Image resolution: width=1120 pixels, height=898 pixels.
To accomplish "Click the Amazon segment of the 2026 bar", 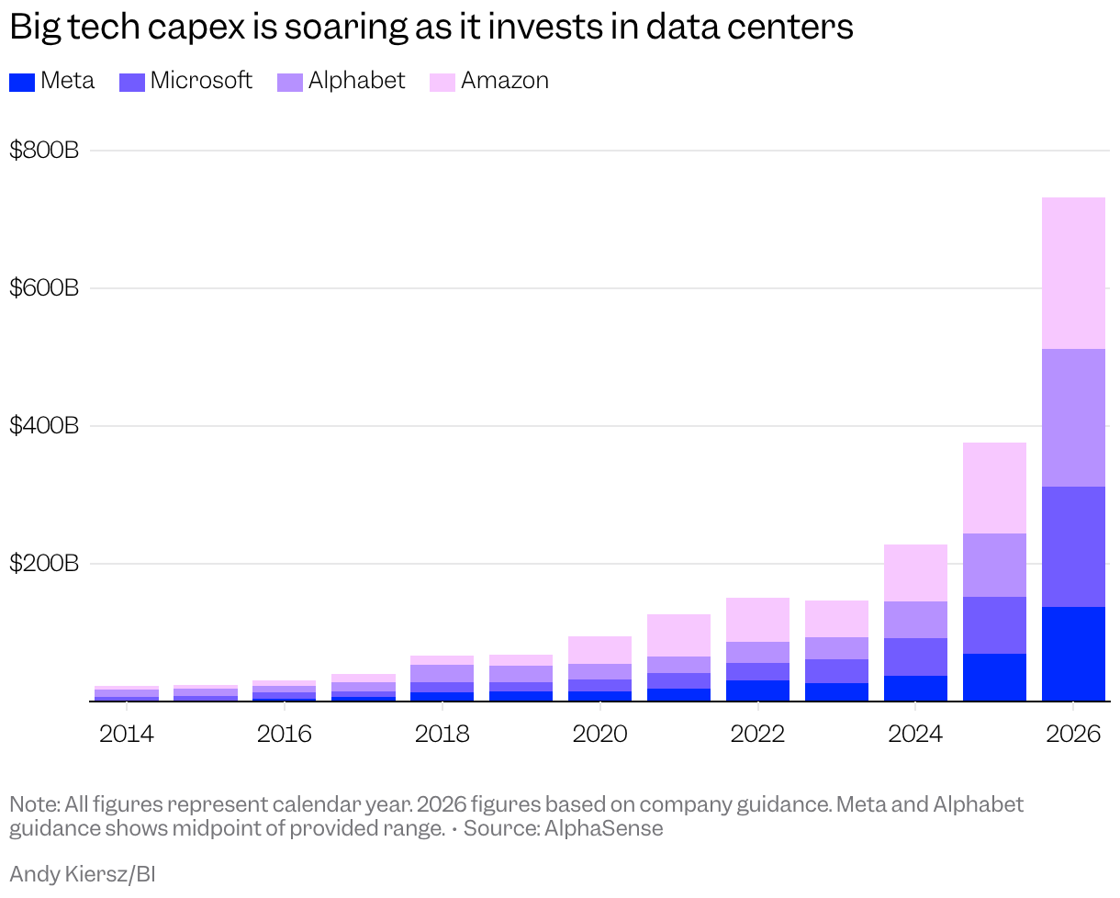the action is point(1073,274).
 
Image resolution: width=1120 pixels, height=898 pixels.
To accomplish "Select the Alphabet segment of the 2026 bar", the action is point(1073,418).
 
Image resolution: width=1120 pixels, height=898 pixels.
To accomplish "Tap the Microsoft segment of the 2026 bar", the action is point(1073,546).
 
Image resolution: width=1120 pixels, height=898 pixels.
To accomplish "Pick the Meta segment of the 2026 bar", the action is point(1073,654).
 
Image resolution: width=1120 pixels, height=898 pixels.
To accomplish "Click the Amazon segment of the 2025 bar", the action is point(994,488).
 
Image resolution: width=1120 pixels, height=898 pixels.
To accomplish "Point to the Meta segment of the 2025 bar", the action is point(994,678).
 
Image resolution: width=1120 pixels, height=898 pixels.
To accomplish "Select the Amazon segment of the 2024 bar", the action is point(915,573).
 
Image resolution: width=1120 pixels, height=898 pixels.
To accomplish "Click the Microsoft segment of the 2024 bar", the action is point(915,657).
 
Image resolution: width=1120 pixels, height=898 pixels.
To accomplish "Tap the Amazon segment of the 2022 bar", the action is point(757,620).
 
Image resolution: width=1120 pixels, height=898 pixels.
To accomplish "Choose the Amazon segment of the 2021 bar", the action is point(678,635).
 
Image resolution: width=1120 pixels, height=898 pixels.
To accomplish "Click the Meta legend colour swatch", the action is point(22,83).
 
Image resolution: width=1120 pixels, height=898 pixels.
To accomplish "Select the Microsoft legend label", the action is point(201,81).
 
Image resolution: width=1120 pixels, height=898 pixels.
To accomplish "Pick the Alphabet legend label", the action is point(356,81).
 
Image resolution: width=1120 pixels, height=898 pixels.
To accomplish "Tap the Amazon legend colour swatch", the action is point(442,83).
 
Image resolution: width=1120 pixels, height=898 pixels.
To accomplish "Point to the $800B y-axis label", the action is point(44,151).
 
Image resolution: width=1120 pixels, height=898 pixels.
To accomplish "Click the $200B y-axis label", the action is point(44,563).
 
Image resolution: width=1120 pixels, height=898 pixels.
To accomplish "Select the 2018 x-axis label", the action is point(442,734).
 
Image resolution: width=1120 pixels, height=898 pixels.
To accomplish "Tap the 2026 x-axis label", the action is point(1073,734).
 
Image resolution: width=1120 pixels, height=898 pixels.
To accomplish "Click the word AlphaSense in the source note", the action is point(604,828).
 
